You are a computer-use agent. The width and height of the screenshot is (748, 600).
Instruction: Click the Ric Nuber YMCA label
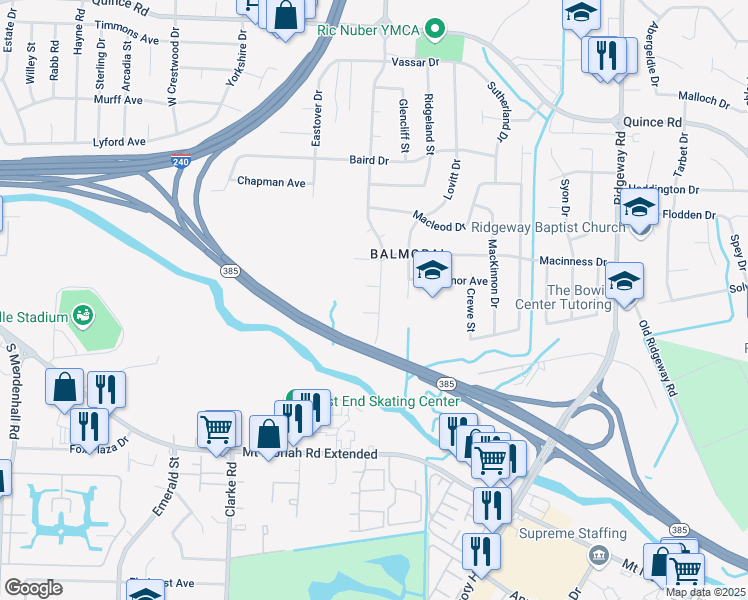[x=366, y=30]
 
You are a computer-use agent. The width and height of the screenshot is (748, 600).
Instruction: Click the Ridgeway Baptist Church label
[x=548, y=228]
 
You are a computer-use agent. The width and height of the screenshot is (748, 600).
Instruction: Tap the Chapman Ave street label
[x=270, y=182]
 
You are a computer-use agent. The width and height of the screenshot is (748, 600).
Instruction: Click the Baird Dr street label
[x=369, y=160]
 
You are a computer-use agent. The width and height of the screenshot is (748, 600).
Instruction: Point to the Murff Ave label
[x=119, y=100]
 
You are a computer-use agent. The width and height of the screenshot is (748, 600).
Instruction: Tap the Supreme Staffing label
[x=572, y=533]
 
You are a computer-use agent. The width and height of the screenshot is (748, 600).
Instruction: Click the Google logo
[x=33, y=588]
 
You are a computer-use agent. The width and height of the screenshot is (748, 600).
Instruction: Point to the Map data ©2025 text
[x=705, y=592]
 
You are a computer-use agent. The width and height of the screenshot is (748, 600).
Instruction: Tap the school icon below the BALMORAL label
[x=432, y=271]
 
